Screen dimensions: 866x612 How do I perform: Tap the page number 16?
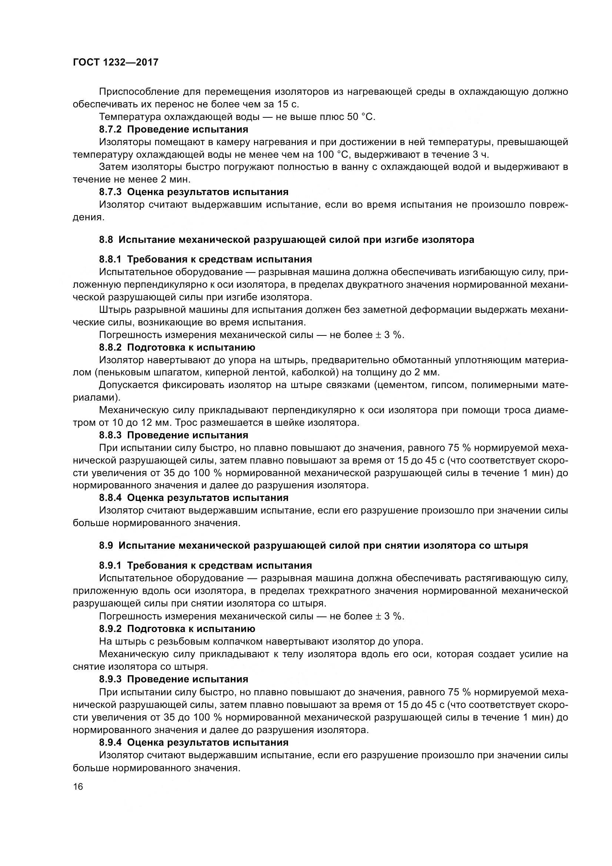(78, 786)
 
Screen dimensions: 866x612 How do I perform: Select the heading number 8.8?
(106, 240)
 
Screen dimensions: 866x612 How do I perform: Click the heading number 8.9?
(106, 545)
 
